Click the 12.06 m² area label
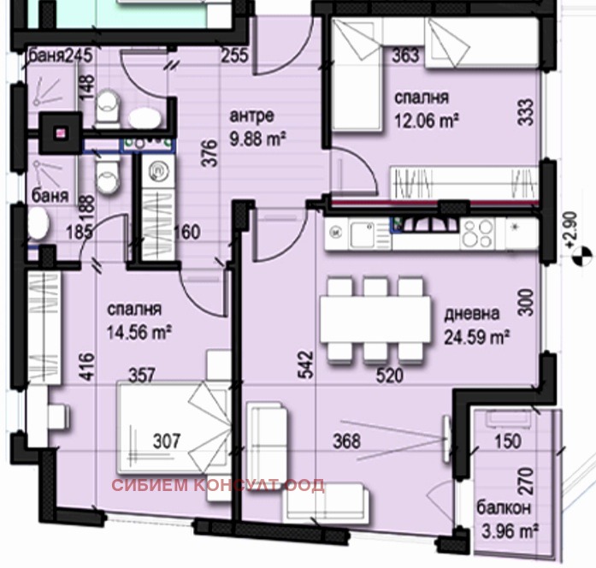[x=427, y=121]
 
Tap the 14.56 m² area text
[x=139, y=333]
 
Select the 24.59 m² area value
[x=477, y=337]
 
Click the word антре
[x=251, y=115]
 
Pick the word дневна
[x=472, y=314]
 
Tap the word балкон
[x=504, y=508]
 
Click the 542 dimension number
[x=306, y=364]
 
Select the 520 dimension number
[x=390, y=376]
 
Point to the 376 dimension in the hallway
[x=209, y=154]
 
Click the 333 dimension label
[x=526, y=113]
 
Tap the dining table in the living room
[x=375, y=320]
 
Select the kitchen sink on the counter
[x=363, y=234]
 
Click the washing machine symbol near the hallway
[x=158, y=172]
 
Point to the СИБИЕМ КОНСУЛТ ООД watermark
[x=218, y=486]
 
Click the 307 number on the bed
[x=167, y=441]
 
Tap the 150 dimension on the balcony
[x=508, y=441]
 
